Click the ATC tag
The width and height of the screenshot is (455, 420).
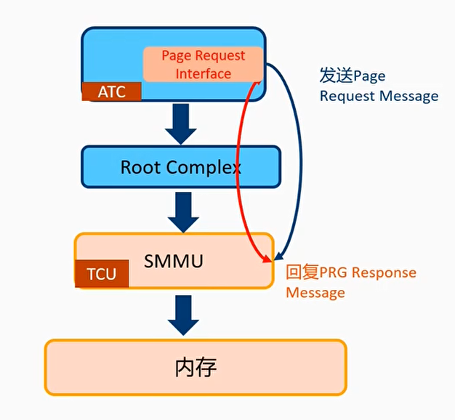(111, 92)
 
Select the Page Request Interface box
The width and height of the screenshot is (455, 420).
(203, 65)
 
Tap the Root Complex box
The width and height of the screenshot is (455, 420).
(180, 168)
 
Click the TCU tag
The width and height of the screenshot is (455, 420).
(101, 275)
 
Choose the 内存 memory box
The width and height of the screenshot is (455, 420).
(196, 367)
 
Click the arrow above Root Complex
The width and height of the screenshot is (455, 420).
(180, 124)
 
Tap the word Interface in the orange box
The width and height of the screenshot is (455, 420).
(204, 73)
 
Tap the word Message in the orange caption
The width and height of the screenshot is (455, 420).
(315, 292)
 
